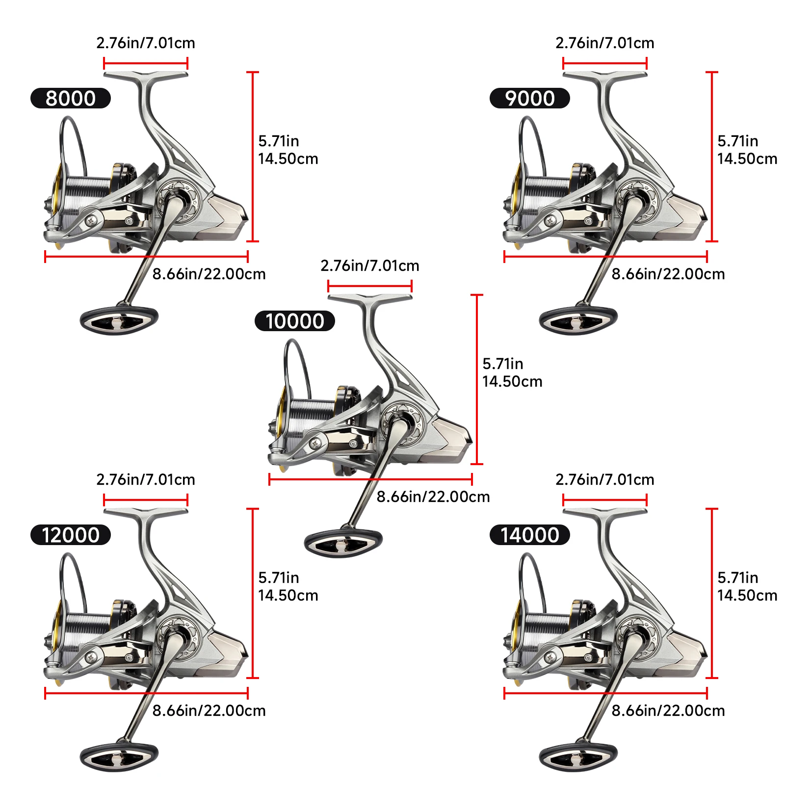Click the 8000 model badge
pos(71,98)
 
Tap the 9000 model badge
pos(530,98)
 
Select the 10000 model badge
pos(295,321)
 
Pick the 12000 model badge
pos(71,535)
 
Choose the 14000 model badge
pos(530,535)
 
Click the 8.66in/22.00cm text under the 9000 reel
pos(668,274)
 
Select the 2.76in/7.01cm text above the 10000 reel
pos(370,265)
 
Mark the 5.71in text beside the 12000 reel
pos(279,577)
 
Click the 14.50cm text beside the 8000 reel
pos(288,158)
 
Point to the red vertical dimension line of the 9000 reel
pos(712,157)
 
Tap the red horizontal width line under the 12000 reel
pos(146,693)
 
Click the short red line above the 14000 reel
pos(605,500)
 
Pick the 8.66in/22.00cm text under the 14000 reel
pos(668,710)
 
